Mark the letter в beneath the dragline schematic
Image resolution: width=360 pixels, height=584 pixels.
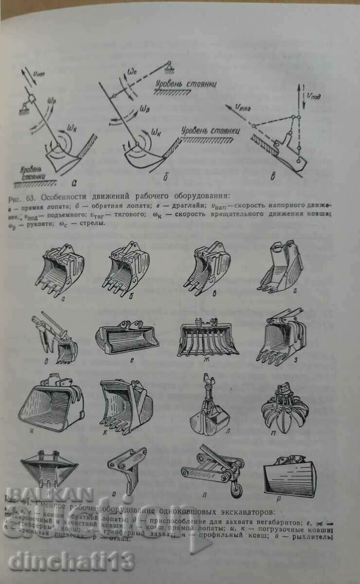pyautogui.click(x=273, y=177)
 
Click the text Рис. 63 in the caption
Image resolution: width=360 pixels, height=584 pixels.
pyautogui.click(x=24, y=197)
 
